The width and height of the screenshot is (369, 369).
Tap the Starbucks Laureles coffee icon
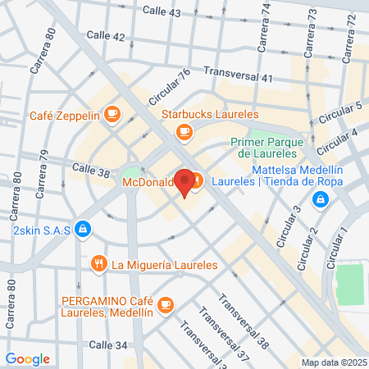click(185, 130)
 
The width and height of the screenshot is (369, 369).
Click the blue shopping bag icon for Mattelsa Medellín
click(322, 198)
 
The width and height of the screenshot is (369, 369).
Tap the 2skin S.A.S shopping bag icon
click(81, 230)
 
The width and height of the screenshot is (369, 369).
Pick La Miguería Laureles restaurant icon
click(99, 264)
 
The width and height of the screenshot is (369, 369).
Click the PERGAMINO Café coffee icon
click(166, 303)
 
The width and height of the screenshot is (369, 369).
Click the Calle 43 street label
click(162, 12)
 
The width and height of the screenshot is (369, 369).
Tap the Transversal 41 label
click(238, 75)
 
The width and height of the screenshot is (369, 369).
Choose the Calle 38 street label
click(90, 168)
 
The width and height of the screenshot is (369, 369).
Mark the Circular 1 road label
click(337, 244)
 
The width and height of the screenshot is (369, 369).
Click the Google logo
click(28, 358)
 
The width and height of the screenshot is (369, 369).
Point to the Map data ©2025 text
click(332, 362)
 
